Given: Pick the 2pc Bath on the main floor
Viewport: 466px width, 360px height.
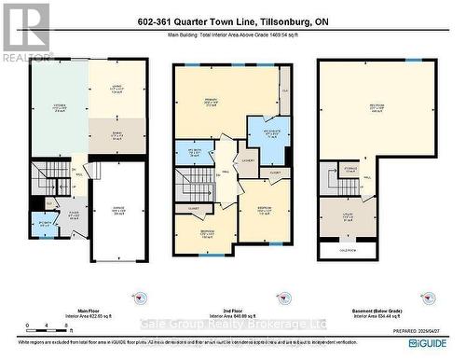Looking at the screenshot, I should coord(42,225).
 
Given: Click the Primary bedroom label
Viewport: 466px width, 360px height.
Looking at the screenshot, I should coord(212,103).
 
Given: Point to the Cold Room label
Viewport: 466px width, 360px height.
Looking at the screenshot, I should coord(345,249).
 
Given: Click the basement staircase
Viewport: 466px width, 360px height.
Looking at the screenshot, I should coord(329,179).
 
